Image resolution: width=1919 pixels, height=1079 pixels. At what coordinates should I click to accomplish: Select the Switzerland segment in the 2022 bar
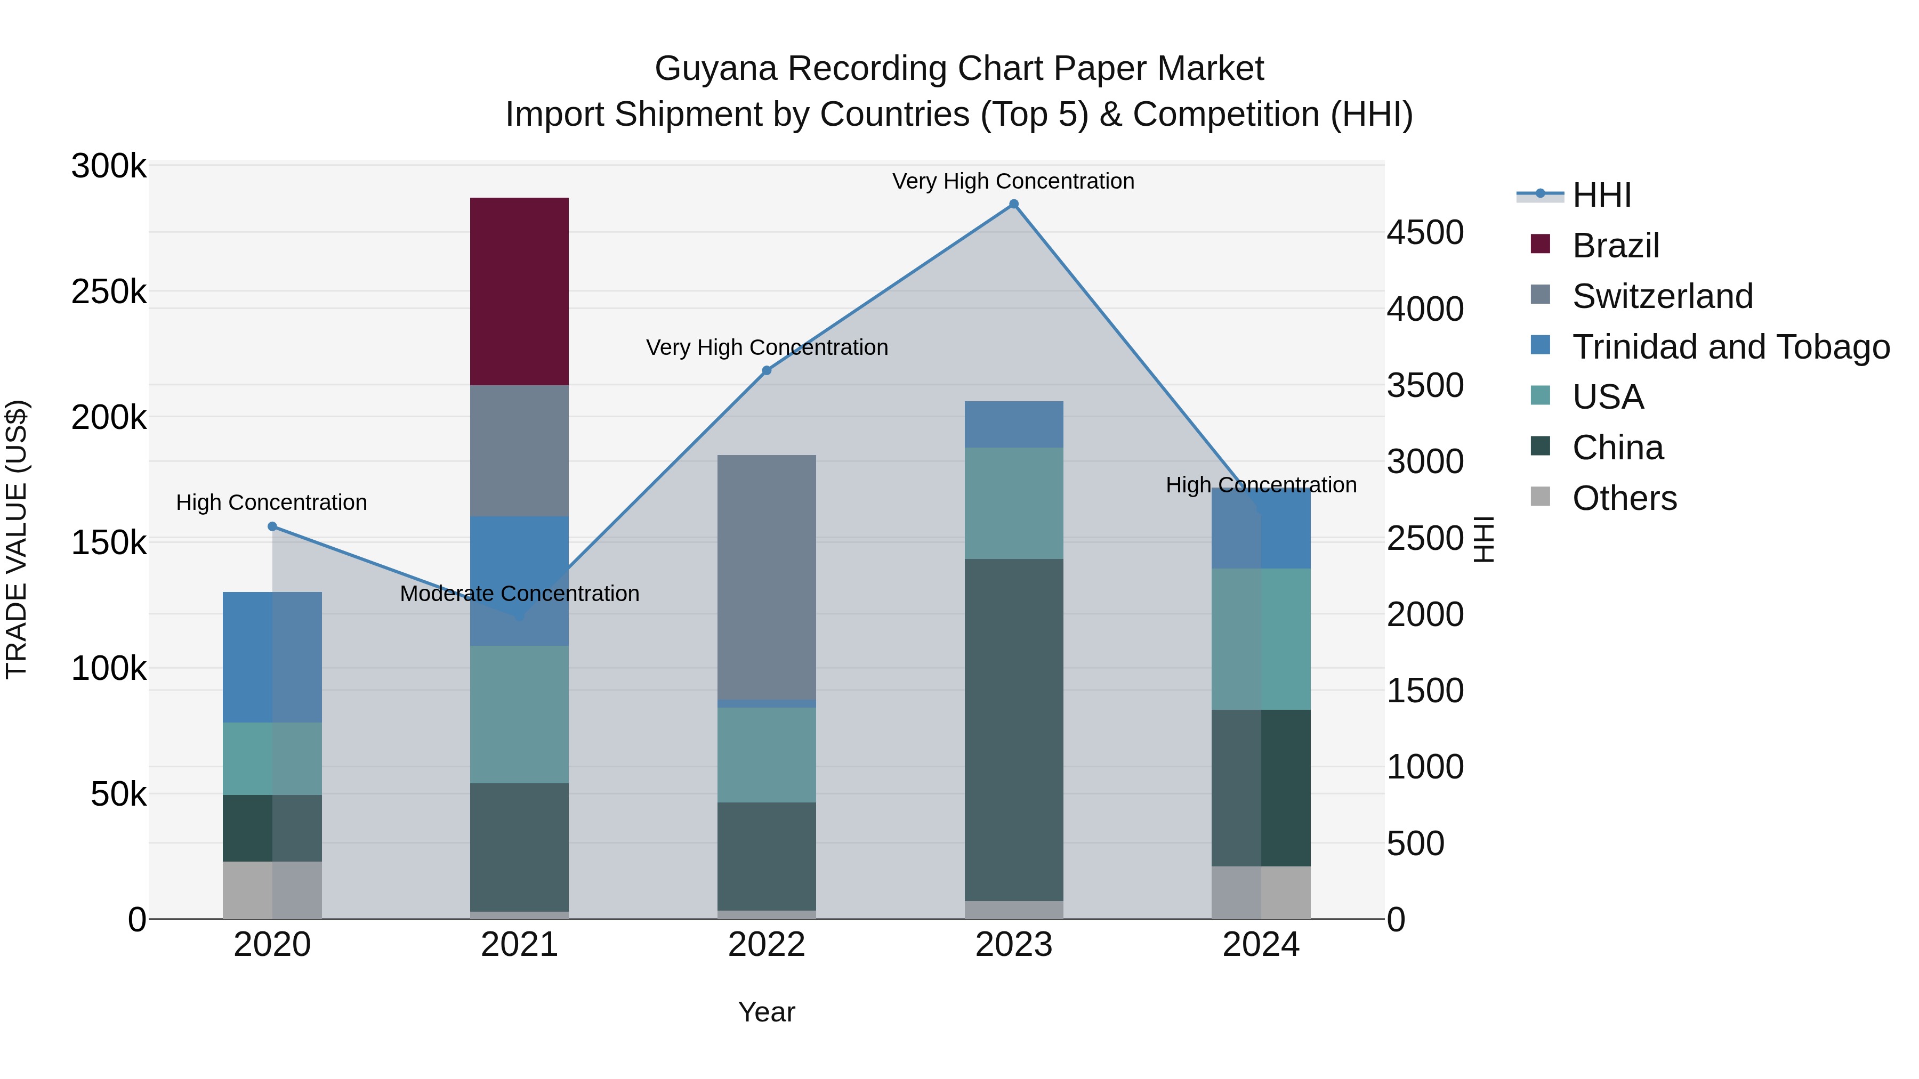click(x=767, y=577)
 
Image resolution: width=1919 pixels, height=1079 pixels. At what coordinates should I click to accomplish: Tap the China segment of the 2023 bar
click(x=1014, y=730)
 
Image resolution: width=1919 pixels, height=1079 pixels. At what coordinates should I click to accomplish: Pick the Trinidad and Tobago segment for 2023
click(x=1014, y=425)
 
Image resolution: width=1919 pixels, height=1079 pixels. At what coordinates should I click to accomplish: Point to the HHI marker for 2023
click(x=1014, y=204)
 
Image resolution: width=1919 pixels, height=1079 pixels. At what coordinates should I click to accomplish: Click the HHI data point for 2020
click(x=272, y=526)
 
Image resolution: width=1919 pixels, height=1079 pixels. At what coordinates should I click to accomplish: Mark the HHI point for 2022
click(x=767, y=370)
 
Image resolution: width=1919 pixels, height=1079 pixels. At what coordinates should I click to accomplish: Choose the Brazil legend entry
click(x=1615, y=246)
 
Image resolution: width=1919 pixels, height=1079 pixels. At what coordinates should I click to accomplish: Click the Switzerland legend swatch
click(x=1540, y=295)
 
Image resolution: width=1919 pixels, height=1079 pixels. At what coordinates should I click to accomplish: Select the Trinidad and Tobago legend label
click(x=1730, y=347)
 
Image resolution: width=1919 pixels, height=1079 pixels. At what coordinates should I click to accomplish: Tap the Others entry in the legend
click(x=1624, y=498)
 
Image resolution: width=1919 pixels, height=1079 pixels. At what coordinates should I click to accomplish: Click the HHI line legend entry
click(x=1602, y=195)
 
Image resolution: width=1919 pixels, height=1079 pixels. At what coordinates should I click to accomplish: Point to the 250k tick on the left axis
click(x=109, y=292)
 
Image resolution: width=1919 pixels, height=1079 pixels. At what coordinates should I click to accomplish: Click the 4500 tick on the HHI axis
click(x=1424, y=232)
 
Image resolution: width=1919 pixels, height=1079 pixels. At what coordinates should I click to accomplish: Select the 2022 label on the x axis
click(x=767, y=945)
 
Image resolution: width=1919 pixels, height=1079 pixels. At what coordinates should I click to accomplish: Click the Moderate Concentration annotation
click(x=519, y=594)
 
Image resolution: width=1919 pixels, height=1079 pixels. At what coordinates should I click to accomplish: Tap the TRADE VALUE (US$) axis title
click(x=17, y=539)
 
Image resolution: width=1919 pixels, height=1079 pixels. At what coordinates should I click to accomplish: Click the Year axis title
click(x=767, y=1012)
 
